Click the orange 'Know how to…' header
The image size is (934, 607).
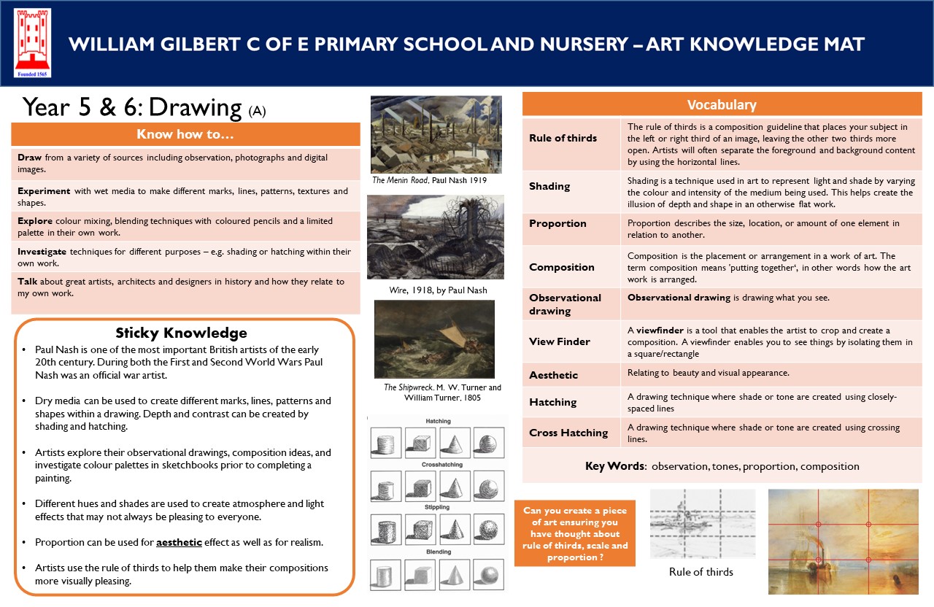pyautogui.click(x=185, y=134)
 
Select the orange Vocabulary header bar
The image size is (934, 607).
pyautogui.click(x=722, y=104)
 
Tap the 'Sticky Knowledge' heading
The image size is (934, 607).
pyautogui.click(x=182, y=333)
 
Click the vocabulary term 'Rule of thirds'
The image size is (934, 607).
pyautogui.click(x=563, y=138)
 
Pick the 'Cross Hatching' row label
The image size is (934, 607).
pyautogui.click(x=568, y=433)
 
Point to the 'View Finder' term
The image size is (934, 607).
pyautogui.click(x=560, y=341)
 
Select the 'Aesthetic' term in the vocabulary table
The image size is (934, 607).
pyautogui.click(x=553, y=375)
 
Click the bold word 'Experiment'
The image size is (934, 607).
pyautogui.click(x=44, y=191)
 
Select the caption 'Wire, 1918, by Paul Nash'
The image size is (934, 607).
pyautogui.click(x=438, y=290)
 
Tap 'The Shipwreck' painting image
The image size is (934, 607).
pyautogui.click(x=434, y=339)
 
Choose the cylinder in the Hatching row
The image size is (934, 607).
pyautogui.click(x=385, y=442)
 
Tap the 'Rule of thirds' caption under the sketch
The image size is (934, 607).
pyautogui.click(x=700, y=572)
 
